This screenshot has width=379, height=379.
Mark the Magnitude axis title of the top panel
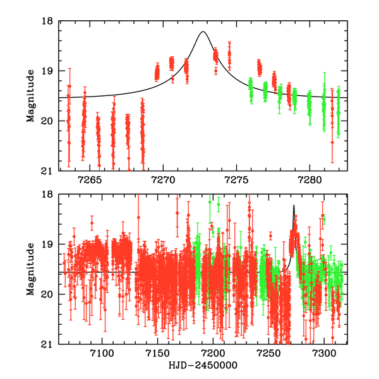[x=30, y=95]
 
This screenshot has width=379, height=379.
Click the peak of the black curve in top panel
[x=203, y=32]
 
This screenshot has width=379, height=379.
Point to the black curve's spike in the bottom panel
[x=294, y=206]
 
